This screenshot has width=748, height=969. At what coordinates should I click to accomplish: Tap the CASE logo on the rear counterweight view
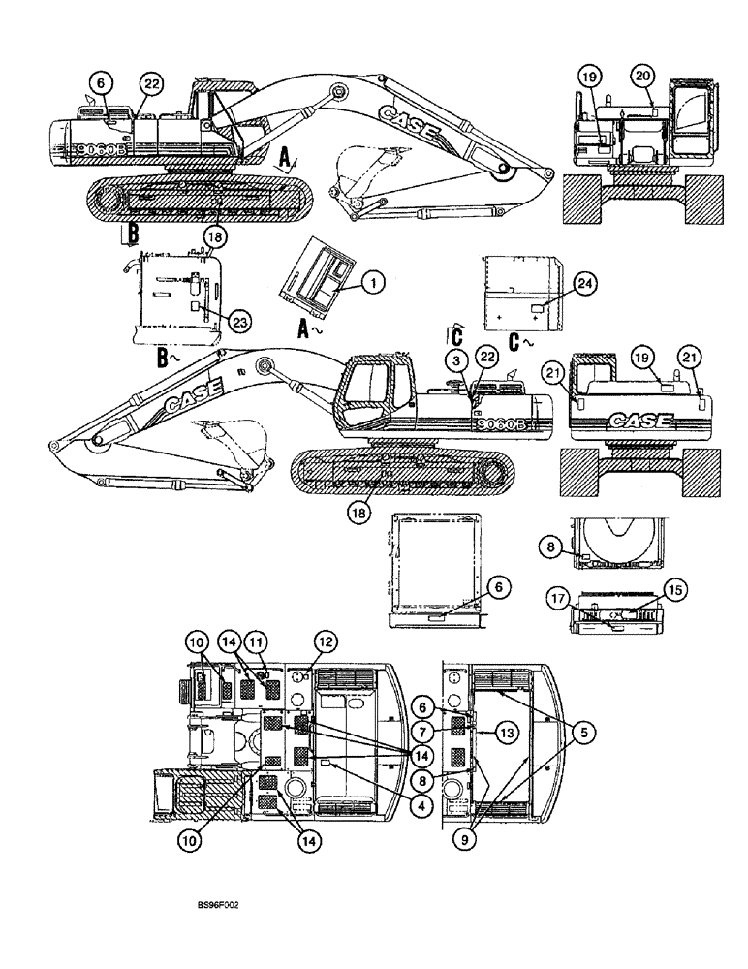639,421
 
